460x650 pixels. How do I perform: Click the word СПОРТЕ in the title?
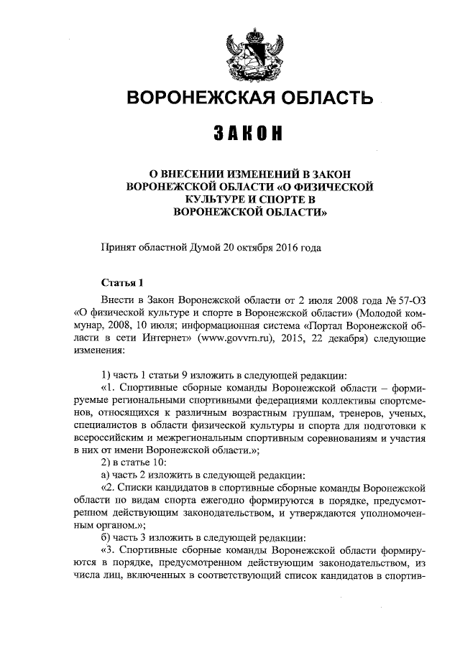[275, 200]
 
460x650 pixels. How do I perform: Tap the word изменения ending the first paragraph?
[98, 352]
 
